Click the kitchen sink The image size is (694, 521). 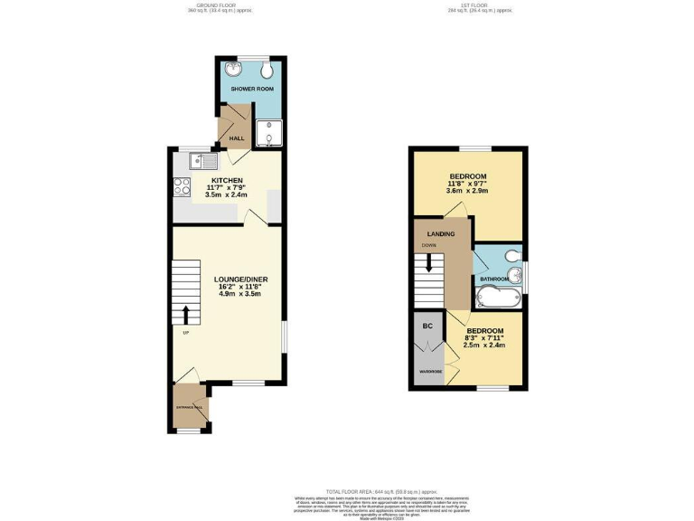coord(202,162)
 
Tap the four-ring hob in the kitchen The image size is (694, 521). coord(182,188)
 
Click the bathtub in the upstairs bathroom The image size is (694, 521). coord(499,298)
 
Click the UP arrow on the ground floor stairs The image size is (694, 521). coord(186,315)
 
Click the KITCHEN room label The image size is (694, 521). coord(227,180)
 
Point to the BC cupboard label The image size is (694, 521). coord(427,324)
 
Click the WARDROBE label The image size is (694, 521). coord(428,372)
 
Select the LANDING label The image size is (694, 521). coord(441,234)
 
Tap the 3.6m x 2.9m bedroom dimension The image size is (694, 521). coord(468,192)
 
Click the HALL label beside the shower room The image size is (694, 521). coord(237,138)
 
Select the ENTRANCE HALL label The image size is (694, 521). coord(190,408)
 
